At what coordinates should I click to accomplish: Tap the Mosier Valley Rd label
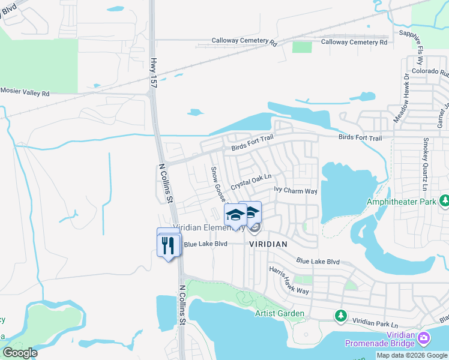25,92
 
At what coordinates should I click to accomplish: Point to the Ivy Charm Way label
295,191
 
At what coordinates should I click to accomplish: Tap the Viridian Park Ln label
376,323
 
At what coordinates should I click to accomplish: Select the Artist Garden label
279,313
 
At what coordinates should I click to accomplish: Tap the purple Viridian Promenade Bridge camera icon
424,338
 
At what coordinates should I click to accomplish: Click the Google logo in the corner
20,353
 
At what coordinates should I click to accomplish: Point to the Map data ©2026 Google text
412,355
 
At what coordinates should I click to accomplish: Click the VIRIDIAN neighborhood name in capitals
269,244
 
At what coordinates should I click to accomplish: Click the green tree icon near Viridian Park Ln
341,315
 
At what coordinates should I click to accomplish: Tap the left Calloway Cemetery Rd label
244,43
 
